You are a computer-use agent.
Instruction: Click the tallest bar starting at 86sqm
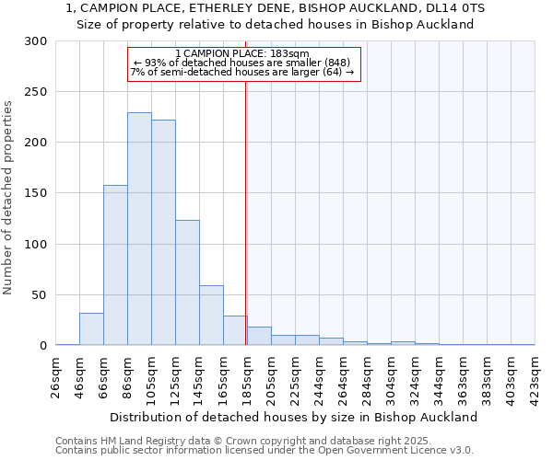click(139, 230)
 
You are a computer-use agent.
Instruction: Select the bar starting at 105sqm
click(163, 233)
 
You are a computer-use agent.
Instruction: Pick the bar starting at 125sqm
click(187, 282)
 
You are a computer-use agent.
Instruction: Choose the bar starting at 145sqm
click(211, 316)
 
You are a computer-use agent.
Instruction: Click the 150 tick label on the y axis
click(36, 193)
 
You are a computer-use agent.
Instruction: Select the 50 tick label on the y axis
click(40, 295)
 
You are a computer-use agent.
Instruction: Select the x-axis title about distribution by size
click(295, 417)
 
